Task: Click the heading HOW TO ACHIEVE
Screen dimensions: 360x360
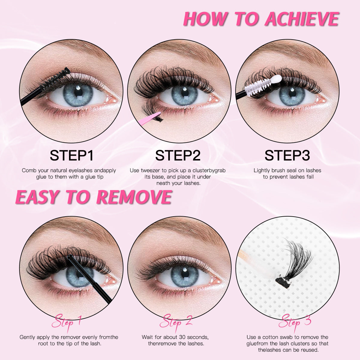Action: click(x=261, y=19)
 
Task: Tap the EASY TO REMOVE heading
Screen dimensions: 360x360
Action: click(x=93, y=197)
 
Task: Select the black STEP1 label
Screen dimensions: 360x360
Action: click(x=72, y=155)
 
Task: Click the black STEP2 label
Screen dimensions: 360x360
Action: click(x=178, y=155)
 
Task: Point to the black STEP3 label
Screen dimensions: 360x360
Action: click(x=287, y=155)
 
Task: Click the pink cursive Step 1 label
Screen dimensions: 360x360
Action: click(x=66, y=322)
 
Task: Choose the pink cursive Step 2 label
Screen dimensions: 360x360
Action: click(x=176, y=322)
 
